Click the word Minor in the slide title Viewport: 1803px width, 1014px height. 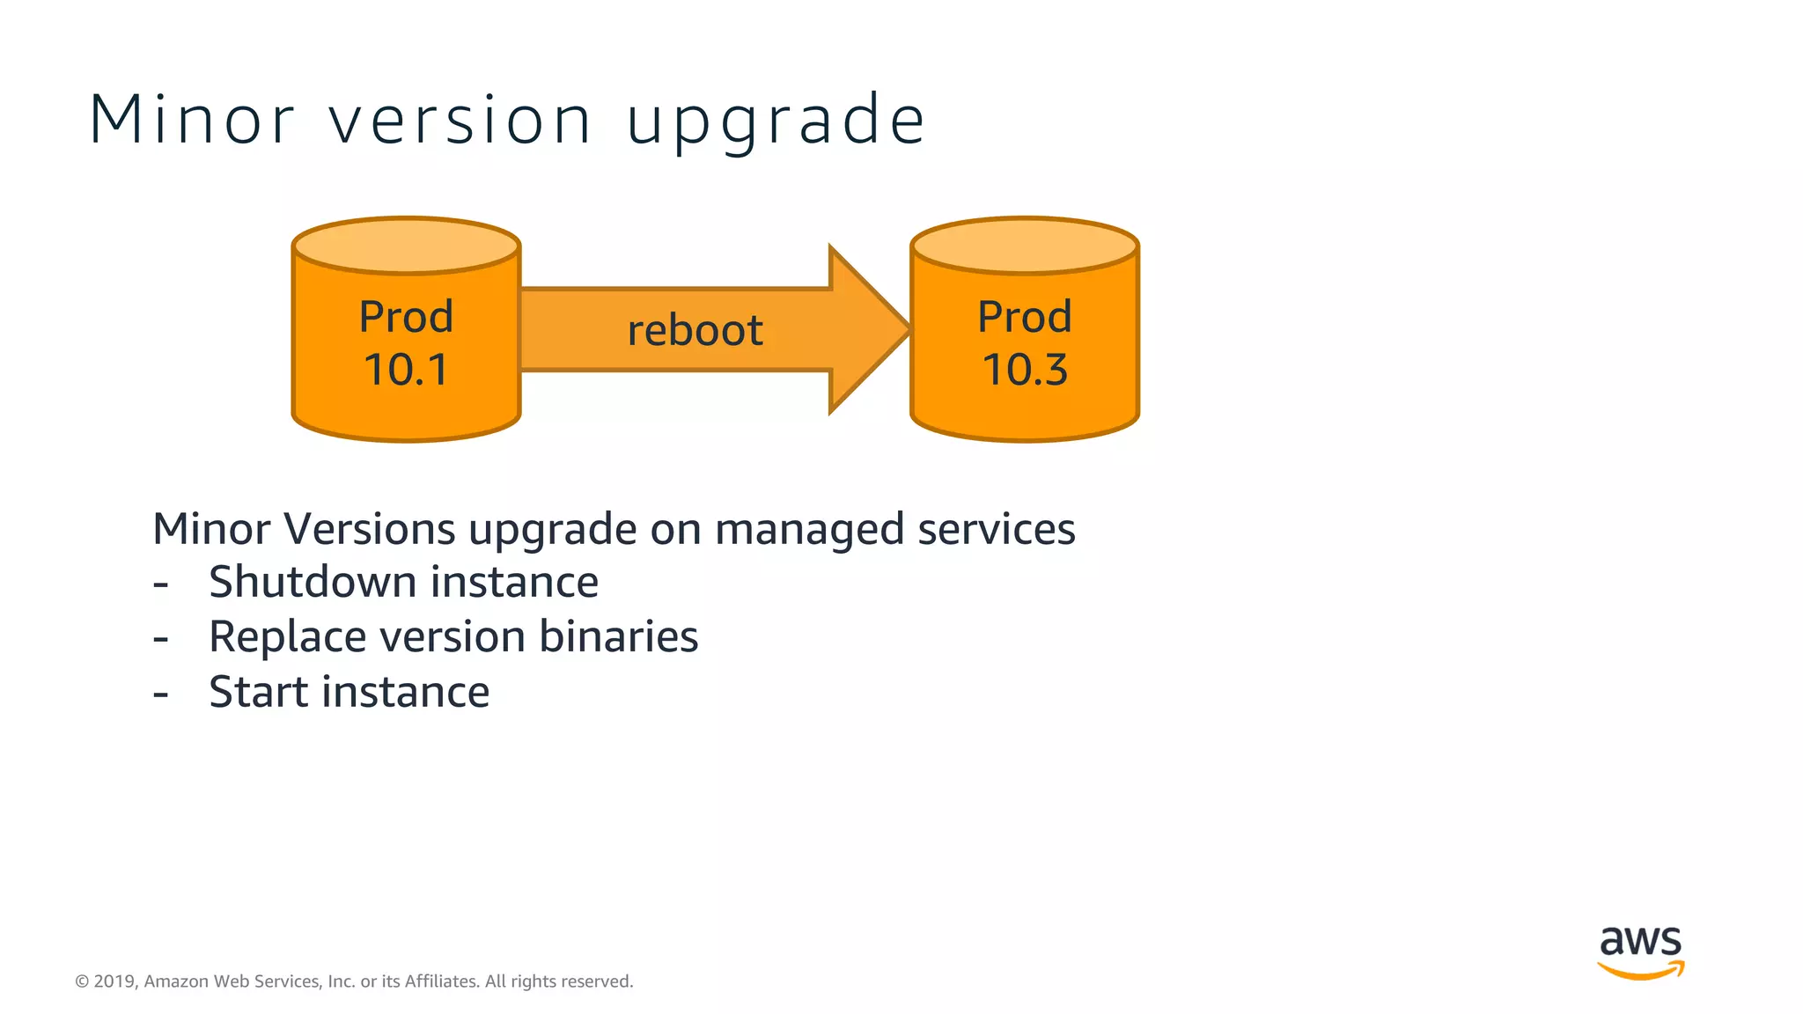(192, 120)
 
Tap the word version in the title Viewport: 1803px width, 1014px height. (460, 120)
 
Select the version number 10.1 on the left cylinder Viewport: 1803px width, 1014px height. (406, 370)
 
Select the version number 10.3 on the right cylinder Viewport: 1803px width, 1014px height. (1025, 370)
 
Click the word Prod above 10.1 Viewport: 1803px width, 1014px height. (406, 317)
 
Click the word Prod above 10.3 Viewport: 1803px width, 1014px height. (1025, 317)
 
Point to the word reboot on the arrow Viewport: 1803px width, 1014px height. (695, 331)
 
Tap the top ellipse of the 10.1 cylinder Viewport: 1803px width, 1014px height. (406, 246)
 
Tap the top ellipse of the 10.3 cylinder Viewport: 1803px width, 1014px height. (1025, 246)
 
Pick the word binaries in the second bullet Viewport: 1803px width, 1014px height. (618, 637)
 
